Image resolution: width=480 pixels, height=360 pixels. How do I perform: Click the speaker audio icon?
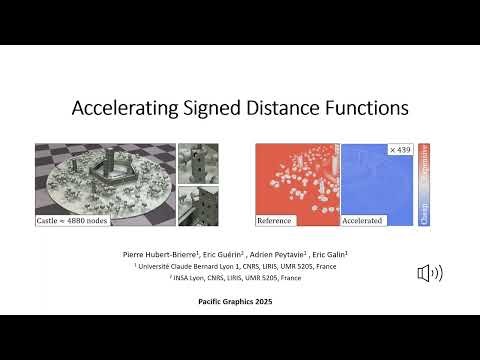tap(430, 272)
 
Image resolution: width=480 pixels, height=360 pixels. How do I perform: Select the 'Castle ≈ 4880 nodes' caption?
tap(73, 218)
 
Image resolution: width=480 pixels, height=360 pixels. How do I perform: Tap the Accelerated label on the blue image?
tap(363, 219)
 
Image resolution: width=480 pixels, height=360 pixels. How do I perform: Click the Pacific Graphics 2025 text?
tap(239, 300)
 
